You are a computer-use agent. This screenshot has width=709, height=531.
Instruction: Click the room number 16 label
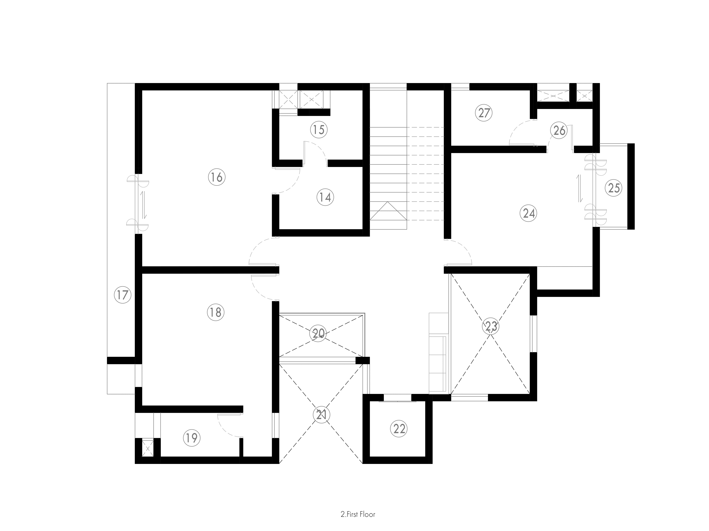coord(217,177)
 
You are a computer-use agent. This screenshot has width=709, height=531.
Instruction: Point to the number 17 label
coord(122,295)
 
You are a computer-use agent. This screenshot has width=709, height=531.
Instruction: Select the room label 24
coord(529,213)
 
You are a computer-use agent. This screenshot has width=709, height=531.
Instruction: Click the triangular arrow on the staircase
coord(388,211)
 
